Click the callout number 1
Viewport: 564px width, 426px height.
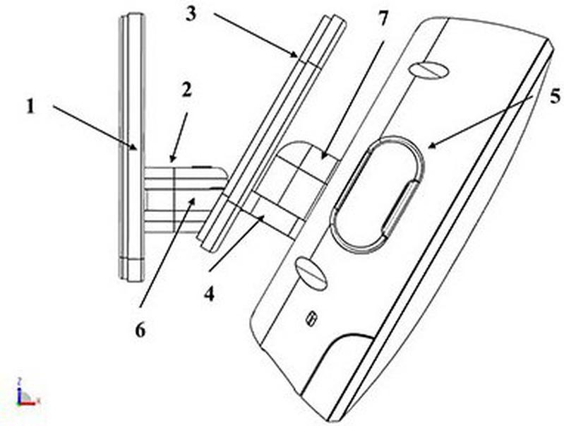pyautogui.click(x=31, y=106)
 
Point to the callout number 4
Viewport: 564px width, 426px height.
pyautogui.click(x=210, y=294)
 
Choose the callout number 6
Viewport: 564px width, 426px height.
pyautogui.click(x=140, y=329)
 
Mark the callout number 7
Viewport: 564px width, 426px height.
pyautogui.click(x=383, y=18)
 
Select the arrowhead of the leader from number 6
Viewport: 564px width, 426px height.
pyautogui.click(x=193, y=201)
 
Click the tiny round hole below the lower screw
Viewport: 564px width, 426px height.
pyautogui.click(x=311, y=319)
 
